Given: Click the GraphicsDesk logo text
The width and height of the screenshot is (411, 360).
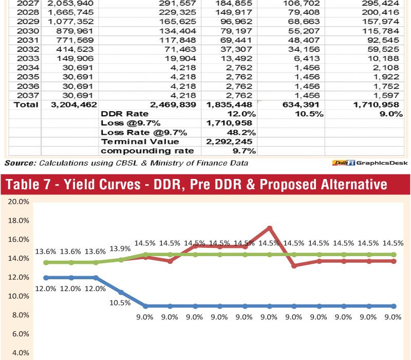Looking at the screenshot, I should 381,163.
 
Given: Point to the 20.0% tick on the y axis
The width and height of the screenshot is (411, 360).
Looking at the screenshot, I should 18,202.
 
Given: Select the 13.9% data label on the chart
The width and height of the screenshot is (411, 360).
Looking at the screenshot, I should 120,248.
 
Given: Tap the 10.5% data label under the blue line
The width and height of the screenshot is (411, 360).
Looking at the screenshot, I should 120,302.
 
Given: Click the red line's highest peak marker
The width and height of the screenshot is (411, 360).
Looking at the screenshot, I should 269,228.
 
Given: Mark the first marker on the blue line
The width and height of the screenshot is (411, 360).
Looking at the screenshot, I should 46,278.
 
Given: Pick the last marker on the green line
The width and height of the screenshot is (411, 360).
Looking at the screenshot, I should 394,255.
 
